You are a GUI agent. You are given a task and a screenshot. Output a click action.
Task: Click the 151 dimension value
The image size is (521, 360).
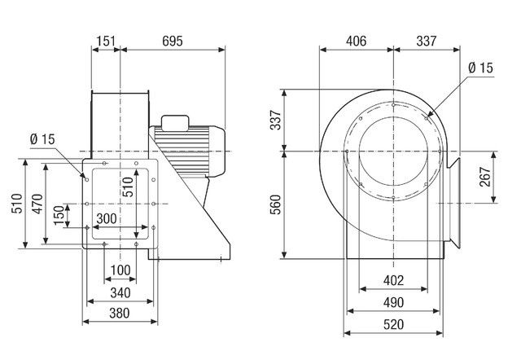(105, 39)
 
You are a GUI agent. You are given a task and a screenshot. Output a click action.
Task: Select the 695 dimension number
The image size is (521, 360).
(172, 39)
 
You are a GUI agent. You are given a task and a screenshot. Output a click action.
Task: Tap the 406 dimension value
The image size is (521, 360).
(356, 39)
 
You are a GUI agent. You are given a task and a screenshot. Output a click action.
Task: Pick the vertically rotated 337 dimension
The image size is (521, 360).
(275, 122)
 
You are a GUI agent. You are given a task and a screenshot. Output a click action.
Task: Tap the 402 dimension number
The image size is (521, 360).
(393, 281)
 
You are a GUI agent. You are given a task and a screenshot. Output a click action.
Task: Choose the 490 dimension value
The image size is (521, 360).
(393, 303)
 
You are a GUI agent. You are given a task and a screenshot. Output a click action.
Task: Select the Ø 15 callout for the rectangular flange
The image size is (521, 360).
(42, 139)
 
